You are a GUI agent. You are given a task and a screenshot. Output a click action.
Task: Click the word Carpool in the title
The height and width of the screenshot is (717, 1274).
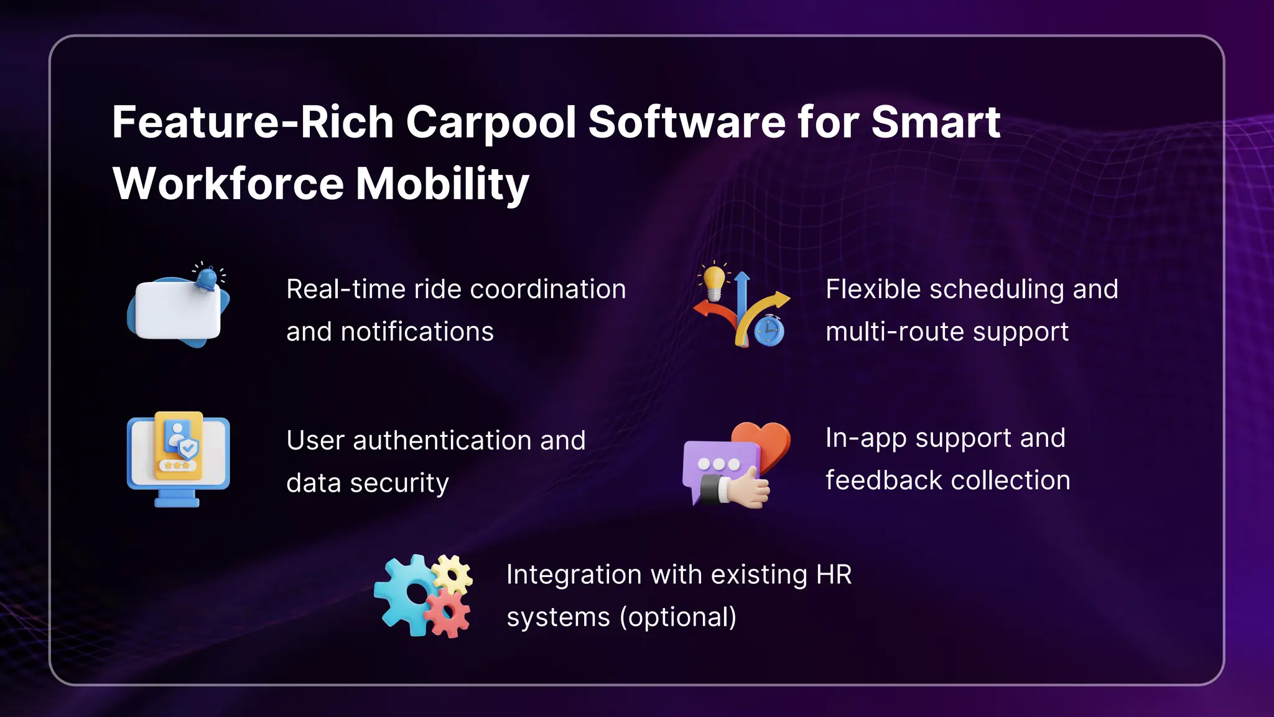(491, 123)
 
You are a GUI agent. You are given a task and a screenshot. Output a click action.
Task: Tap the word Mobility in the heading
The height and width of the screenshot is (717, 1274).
(442, 184)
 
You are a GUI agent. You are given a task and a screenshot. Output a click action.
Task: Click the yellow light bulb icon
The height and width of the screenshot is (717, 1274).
(714, 281)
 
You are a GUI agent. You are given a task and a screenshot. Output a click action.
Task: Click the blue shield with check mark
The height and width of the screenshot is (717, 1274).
(188, 448)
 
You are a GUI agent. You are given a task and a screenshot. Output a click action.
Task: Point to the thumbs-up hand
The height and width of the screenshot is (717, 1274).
(746, 489)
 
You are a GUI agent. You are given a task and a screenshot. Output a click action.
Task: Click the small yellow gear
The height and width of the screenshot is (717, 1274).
(452, 574)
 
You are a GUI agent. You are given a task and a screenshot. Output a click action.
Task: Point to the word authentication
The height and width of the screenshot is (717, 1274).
(442, 441)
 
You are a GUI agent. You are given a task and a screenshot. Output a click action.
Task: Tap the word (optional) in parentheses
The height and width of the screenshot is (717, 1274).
(677, 617)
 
